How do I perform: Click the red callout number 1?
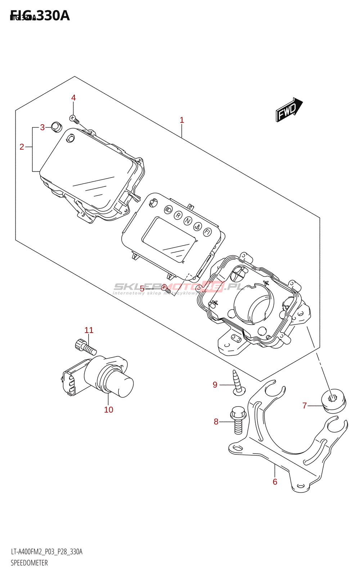(x=182, y=120)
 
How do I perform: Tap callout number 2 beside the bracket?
(x=22, y=147)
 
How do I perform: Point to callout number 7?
(x=305, y=406)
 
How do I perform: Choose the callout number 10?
(x=108, y=410)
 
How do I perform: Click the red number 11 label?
(x=89, y=330)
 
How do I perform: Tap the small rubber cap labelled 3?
(x=56, y=127)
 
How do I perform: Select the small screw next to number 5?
(x=166, y=288)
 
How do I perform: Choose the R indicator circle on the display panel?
(x=178, y=215)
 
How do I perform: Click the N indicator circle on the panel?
(x=188, y=221)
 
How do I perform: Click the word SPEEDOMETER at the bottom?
(x=29, y=563)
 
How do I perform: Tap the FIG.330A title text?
(x=40, y=16)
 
